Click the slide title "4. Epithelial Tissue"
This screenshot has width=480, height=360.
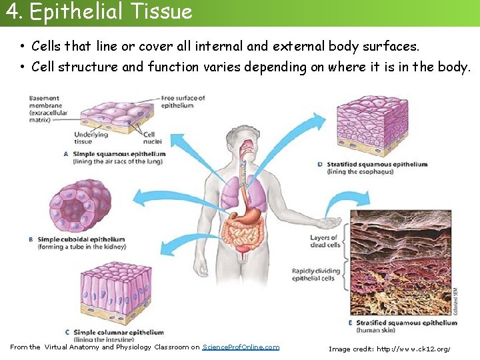click(x=98, y=11)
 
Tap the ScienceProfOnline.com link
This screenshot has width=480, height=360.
click(x=241, y=347)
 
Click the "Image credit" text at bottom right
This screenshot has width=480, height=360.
click(x=389, y=349)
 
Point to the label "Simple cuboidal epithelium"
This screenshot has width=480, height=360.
click(x=81, y=239)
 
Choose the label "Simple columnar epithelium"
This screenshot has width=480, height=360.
click(x=118, y=332)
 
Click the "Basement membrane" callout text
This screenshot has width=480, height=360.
click(x=45, y=109)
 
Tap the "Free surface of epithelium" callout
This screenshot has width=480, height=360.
click(x=183, y=102)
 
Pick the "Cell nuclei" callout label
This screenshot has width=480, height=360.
click(x=153, y=138)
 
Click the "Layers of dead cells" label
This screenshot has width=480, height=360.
click(x=325, y=241)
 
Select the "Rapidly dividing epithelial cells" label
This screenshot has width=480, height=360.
click(x=316, y=275)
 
